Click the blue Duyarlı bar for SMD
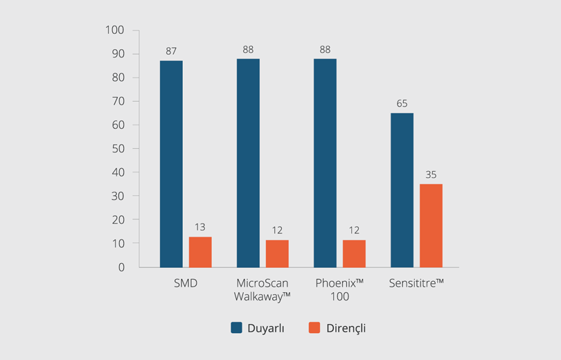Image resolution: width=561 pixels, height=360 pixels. coord(171,163)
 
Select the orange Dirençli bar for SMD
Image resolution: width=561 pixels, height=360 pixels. coord(200,252)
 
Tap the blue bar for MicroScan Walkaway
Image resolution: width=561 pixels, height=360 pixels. coord(248,163)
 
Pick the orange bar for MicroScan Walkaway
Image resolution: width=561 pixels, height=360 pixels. coord(277,253)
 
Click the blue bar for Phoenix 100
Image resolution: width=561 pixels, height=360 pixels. coord(325,163)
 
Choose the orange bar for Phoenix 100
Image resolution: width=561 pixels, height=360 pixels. coord(354,253)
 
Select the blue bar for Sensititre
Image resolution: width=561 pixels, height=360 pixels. coord(402,190)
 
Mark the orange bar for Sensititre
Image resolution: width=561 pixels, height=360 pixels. coord(431,226)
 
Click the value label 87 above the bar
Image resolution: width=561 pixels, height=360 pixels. coord(171,51)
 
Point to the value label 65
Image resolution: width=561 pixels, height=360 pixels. coord(402,103)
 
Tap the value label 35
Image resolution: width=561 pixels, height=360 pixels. coord(431,174)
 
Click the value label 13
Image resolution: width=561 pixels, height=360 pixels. coord(200,227)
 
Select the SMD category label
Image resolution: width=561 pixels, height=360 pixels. coord(185,283)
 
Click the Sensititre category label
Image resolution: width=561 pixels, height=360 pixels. coord(416,283)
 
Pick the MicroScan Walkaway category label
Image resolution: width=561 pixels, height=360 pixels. coord(262,289)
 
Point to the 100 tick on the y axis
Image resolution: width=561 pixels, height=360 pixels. coord(114,30)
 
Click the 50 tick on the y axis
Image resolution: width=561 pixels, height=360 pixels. coord(117,148)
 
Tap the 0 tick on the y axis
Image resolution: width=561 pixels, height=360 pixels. coord(121,267)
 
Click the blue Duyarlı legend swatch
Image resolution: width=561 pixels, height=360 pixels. coord(236,328)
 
